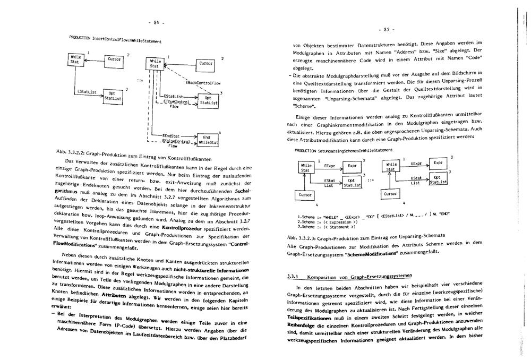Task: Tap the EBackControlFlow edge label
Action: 203,83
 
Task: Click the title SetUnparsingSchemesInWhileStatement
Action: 340,150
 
